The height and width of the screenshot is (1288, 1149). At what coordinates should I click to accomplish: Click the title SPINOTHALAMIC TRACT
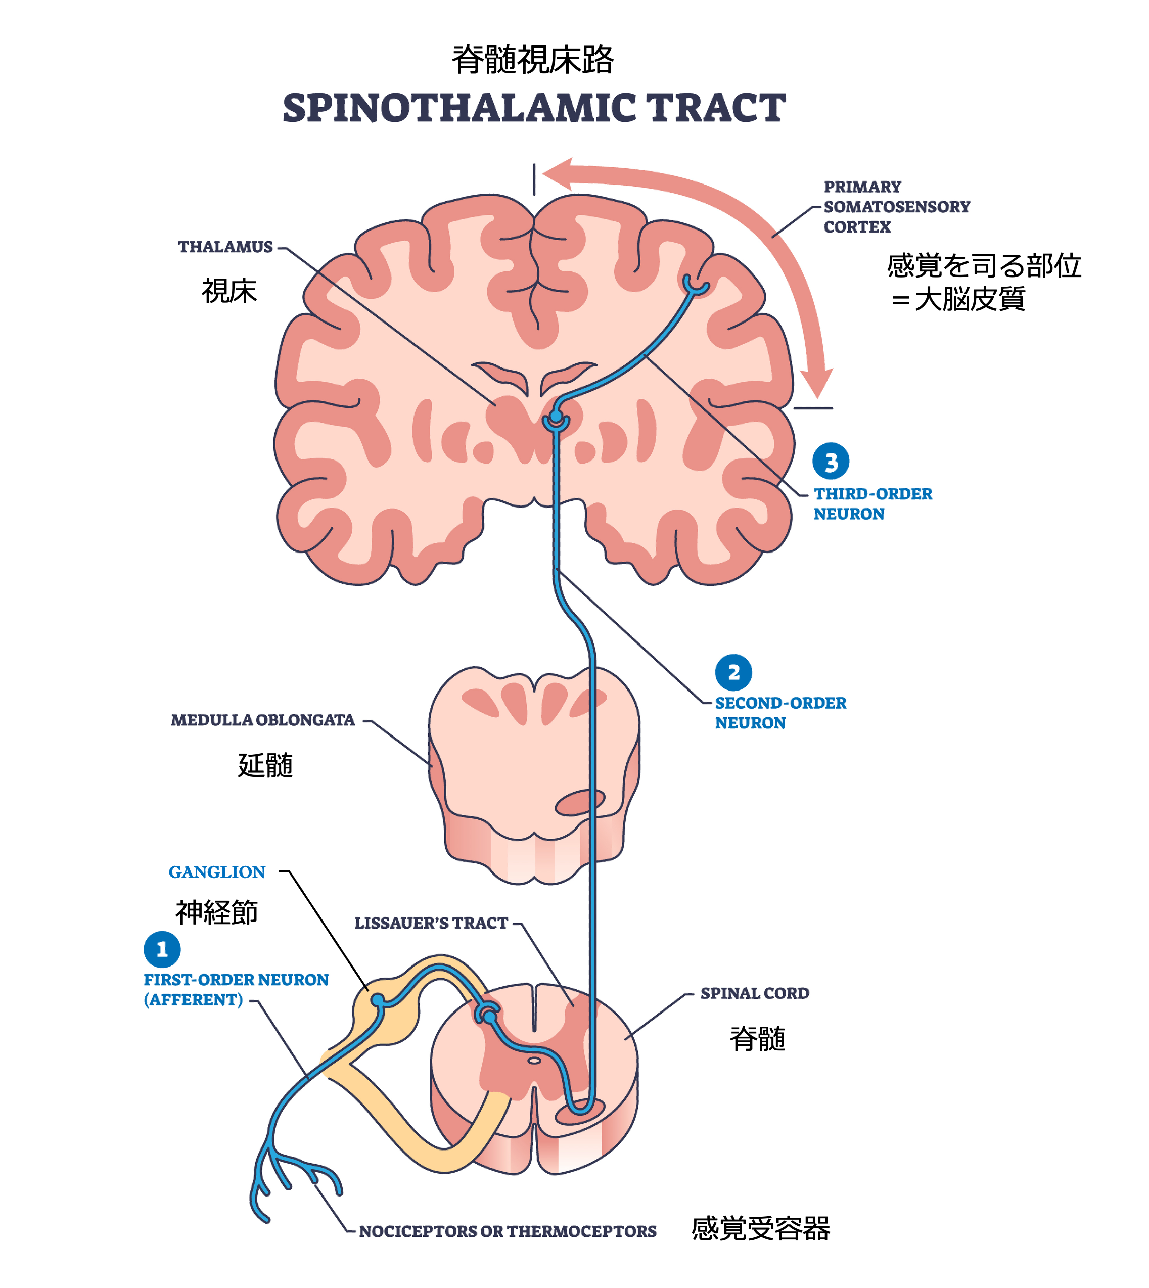534,108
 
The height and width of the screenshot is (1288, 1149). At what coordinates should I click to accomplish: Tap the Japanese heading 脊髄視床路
533,60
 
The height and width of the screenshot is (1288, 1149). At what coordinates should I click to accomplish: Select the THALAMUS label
225,247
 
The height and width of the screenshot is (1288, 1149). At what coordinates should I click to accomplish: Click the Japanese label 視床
229,291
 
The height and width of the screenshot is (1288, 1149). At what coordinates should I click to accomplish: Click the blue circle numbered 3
830,462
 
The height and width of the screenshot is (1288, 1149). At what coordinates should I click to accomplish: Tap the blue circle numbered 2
733,672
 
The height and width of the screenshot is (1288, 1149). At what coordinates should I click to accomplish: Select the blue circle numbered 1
162,949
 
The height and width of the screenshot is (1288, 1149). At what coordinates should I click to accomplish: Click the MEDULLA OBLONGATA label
263,720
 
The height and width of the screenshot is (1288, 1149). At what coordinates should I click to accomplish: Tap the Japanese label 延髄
265,765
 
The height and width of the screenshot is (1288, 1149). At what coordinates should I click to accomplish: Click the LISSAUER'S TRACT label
431,923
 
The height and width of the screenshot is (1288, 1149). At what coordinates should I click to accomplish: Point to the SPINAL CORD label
754,993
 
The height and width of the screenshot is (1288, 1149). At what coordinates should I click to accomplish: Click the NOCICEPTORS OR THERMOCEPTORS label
508,1231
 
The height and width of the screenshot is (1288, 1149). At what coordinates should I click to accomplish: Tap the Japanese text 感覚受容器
760,1229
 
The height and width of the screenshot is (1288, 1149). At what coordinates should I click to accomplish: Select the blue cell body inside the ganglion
378,999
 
